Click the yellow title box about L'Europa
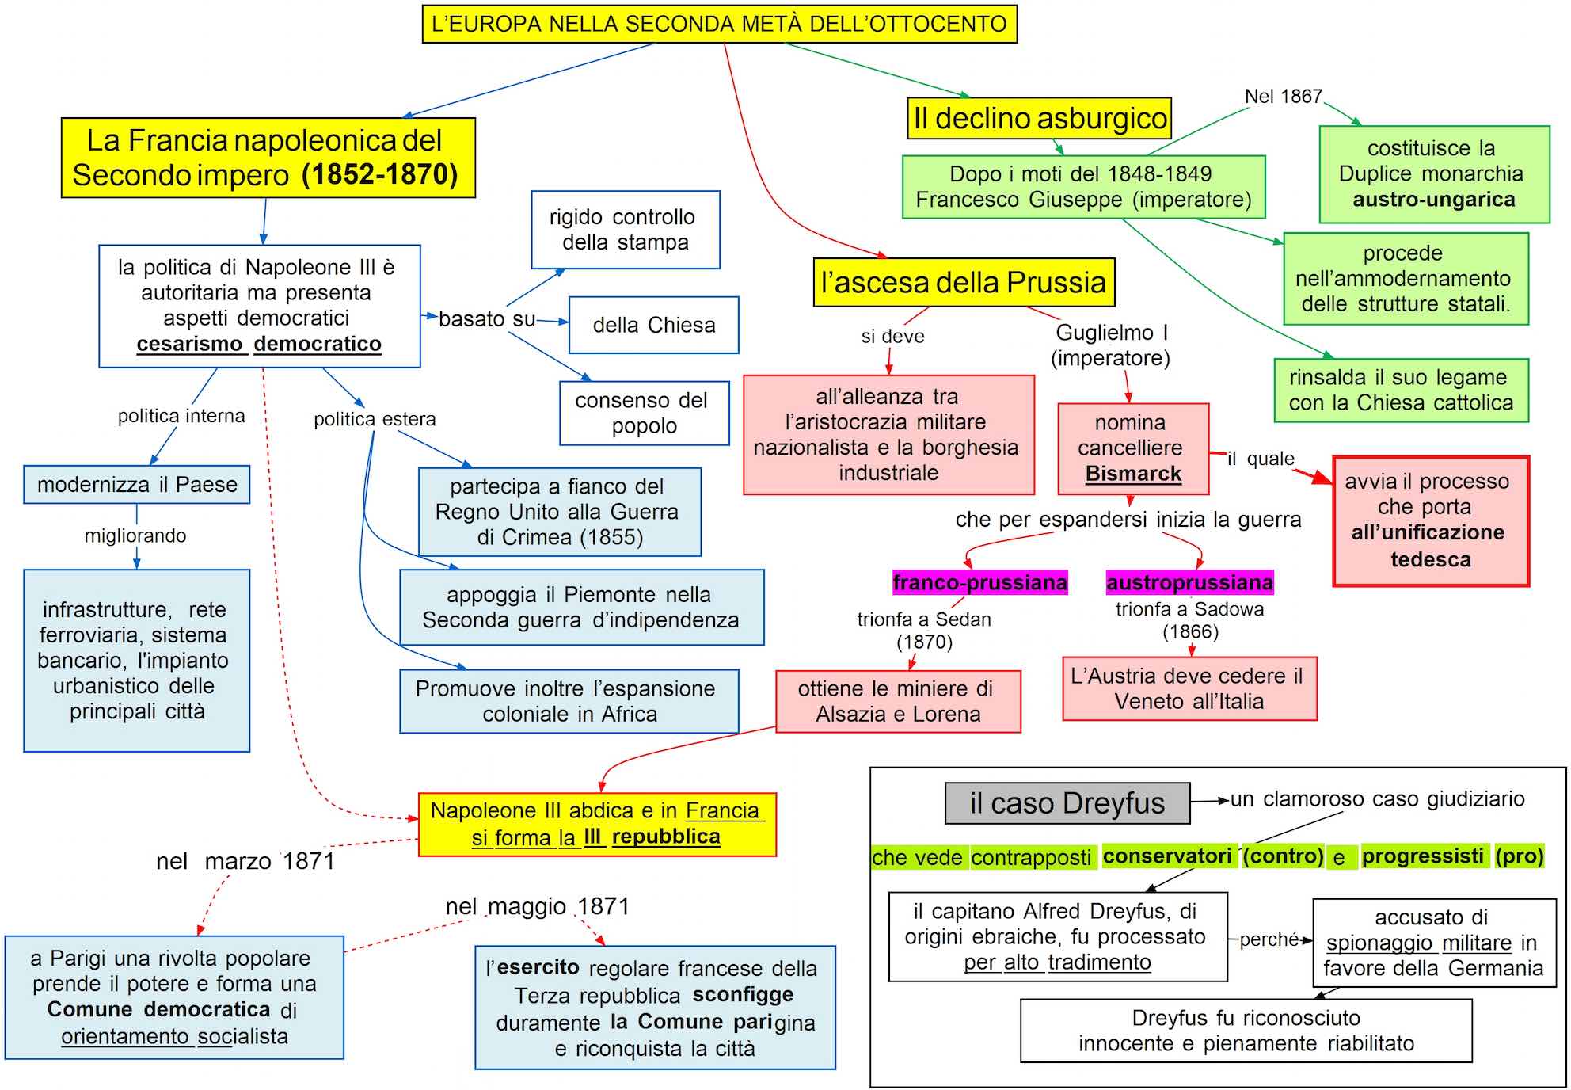coord(719,24)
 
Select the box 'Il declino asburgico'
coord(1039,118)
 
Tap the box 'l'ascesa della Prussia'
coord(964,282)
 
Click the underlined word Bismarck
coord(1133,474)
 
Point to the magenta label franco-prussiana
coord(979,582)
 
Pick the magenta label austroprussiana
coord(1189,582)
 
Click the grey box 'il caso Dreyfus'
coord(1067,803)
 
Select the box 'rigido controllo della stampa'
coord(625,230)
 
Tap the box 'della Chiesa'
coord(653,325)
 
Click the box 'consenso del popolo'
coord(644,413)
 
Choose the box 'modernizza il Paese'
coord(137,484)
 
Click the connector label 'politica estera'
coord(375,419)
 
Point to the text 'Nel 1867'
coord(1283,97)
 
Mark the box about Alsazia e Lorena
coord(898,701)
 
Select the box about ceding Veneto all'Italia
coord(1189,688)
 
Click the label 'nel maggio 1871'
coord(537,906)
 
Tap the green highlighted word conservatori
coord(1166,856)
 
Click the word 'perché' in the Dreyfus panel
coord(1269,939)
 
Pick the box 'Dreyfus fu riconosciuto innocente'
coord(1246,1030)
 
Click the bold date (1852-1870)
coord(379,174)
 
